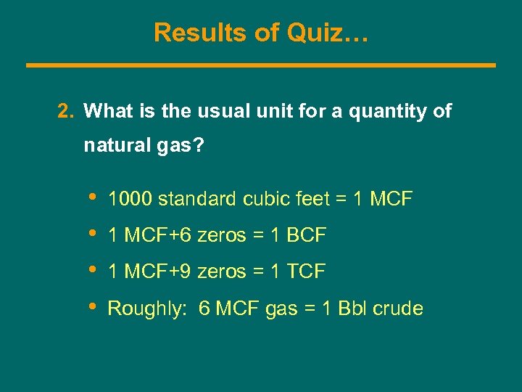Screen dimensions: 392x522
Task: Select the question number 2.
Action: pos(65,111)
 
